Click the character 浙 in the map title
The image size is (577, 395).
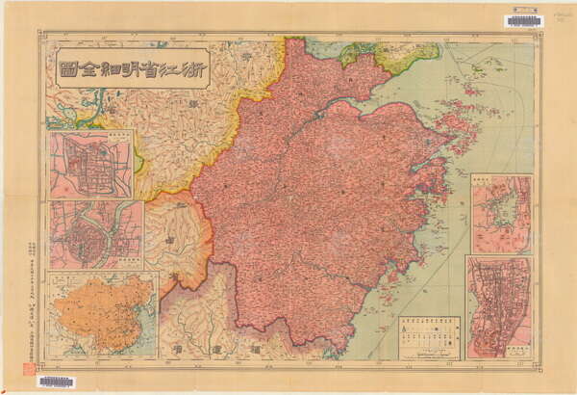[x=190, y=67]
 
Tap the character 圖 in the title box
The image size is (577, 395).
[x=68, y=67]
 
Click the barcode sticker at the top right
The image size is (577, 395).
[x=523, y=20]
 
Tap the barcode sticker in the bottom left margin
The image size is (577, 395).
[x=56, y=382]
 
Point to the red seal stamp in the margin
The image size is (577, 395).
[x=29, y=368]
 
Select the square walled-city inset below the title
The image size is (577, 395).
[x=91, y=164]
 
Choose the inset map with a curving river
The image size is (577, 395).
[x=95, y=234]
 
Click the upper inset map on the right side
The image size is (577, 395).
[x=501, y=213]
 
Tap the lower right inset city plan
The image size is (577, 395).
[x=498, y=306]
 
